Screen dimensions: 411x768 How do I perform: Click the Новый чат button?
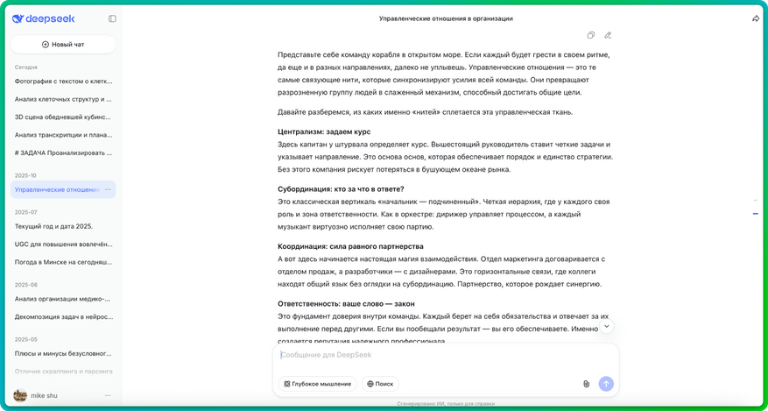coord(63,44)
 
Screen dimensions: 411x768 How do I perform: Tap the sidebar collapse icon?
coord(112,18)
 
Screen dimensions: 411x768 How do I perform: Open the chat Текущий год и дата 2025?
coord(53,226)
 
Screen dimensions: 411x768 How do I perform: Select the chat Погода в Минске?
coord(62,261)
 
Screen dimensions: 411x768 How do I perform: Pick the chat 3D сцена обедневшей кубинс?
coord(62,117)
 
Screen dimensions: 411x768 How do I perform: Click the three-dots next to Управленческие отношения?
coord(108,189)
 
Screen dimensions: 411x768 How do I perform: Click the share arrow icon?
coord(755,18)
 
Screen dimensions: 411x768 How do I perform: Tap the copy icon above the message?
coord(591,35)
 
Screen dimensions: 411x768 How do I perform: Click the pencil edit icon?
coord(608,35)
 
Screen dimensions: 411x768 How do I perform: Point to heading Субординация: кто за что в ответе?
coord(340,188)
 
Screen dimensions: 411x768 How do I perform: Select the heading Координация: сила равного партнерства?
coord(350,246)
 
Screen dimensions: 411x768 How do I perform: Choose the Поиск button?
coord(380,384)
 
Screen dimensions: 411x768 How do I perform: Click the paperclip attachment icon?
coord(586,384)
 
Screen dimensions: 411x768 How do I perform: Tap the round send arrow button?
coord(606,384)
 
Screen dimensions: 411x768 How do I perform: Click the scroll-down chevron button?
coord(606,326)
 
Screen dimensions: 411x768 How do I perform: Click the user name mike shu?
coord(45,395)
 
